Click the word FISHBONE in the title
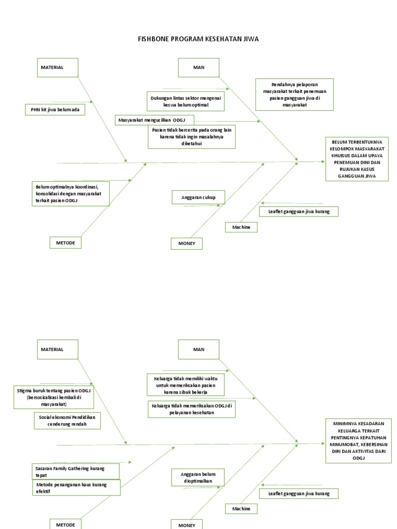tap(154, 39)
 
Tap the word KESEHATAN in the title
tap(222, 39)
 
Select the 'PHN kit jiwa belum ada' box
tap(55, 110)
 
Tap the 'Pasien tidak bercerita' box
tap(192, 137)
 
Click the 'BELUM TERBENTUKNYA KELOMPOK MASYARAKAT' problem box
tap(357, 159)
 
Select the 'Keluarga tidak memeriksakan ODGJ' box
tap(192, 409)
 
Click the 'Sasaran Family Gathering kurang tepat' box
tap(75, 471)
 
